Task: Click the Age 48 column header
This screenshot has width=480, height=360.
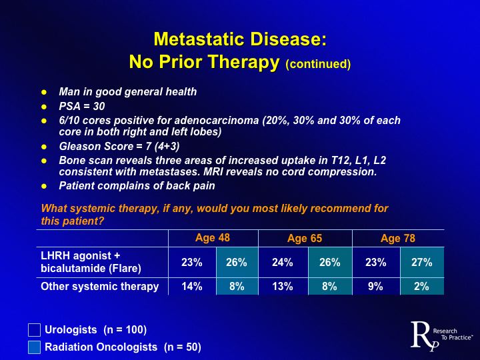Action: [213, 238]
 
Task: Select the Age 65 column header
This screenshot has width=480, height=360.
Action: [305, 239]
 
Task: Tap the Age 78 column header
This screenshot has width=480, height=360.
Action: [398, 239]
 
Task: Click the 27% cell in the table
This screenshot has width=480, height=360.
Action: [421, 263]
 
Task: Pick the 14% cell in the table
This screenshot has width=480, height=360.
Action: [192, 287]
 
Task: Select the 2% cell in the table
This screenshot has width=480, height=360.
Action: [421, 287]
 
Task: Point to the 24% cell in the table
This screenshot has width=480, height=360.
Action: [283, 263]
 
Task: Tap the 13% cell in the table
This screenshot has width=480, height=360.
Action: [283, 287]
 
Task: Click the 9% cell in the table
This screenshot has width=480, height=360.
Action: [376, 287]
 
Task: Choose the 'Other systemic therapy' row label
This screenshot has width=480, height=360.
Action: [100, 287]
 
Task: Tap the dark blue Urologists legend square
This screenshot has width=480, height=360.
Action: [35, 330]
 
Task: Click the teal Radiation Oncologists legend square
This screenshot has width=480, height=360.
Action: [35, 347]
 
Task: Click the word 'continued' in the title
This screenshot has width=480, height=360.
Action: [317, 65]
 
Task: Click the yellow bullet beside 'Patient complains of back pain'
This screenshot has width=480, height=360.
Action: [45, 185]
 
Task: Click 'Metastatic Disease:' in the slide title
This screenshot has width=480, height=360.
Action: [240, 40]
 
